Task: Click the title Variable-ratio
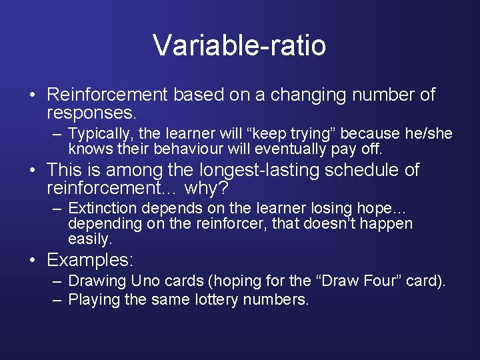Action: [239, 45]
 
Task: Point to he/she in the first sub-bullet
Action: [429, 134]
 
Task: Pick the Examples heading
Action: [90, 259]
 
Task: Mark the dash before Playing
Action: [57, 300]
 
